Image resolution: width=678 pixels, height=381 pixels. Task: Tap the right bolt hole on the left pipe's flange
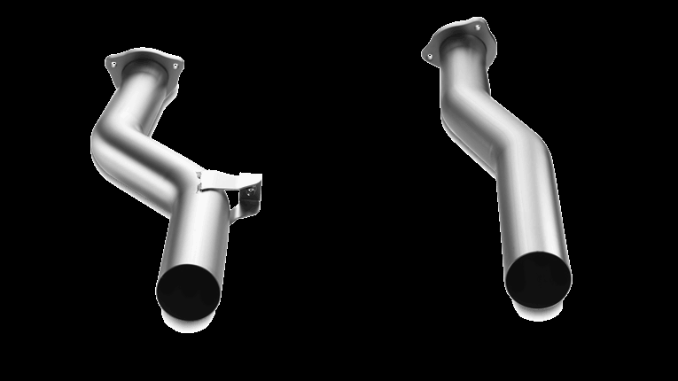point(175,66)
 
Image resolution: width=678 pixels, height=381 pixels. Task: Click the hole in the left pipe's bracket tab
point(253,189)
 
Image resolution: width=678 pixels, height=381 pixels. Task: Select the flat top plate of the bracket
point(222,176)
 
